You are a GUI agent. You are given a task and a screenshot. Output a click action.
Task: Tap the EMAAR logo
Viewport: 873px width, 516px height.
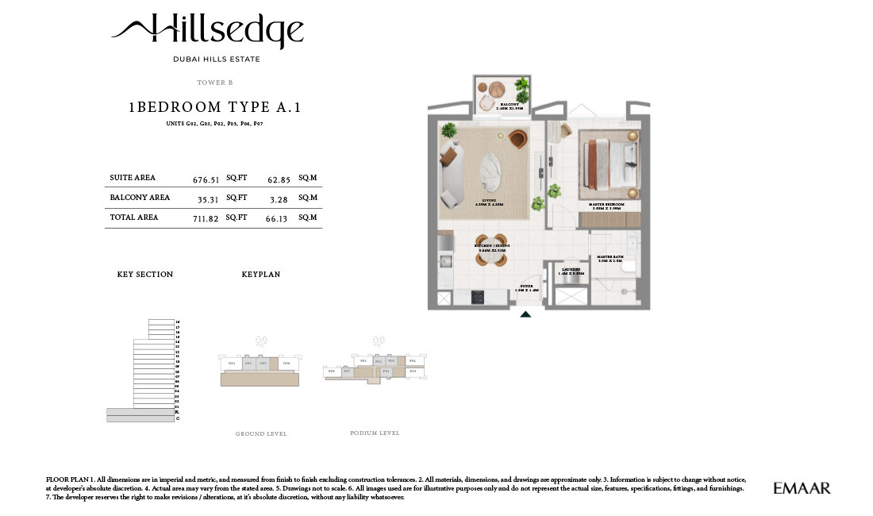click(x=802, y=488)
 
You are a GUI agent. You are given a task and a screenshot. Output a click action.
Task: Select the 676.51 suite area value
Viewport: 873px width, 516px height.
click(x=206, y=180)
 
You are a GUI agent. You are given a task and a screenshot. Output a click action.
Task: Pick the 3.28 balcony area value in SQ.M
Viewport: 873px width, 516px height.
click(x=277, y=199)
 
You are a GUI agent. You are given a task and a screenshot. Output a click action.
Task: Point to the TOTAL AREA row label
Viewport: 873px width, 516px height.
click(x=134, y=218)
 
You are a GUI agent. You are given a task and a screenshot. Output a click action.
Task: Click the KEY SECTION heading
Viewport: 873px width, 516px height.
click(x=144, y=275)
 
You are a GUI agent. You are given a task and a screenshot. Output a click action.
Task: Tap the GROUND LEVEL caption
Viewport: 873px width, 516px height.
click(x=261, y=434)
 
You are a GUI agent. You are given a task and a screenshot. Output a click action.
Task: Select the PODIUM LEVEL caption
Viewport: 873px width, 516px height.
click(x=375, y=433)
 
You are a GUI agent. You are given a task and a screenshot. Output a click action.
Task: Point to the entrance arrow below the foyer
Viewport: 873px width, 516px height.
click(x=525, y=314)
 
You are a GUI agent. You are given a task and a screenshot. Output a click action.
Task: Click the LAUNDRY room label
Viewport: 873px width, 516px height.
click(x=571, y=271)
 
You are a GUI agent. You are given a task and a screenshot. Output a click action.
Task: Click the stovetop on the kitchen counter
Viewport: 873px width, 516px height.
click(x=479, y=297)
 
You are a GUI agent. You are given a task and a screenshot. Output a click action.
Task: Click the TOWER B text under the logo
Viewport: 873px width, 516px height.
click(x=214, y=83)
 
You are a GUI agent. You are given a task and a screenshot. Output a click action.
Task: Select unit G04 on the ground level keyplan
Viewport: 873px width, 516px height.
click(x=286, y=364)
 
